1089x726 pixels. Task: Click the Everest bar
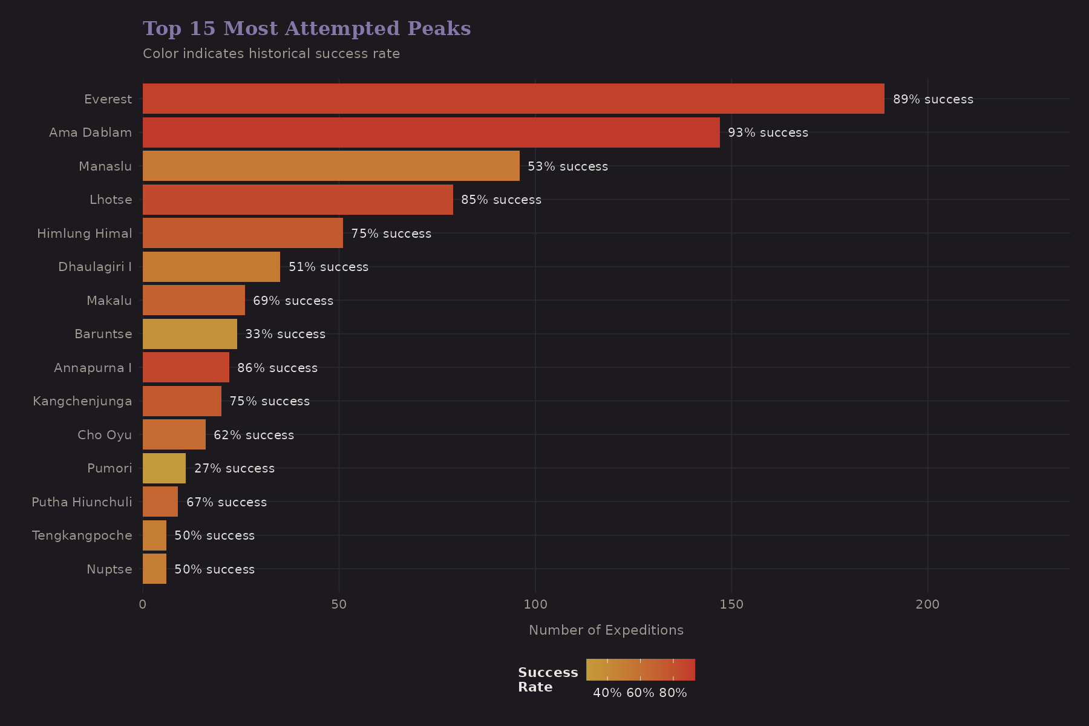click(x=513, y=99)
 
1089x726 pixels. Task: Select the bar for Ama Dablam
click(x=431, y=132)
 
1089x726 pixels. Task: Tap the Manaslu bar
click(x=331, y=166)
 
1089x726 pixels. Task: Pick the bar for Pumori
click(x=164, y=468)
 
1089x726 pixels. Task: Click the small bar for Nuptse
click(x=154, y=569)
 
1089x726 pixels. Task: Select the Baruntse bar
click(x=189, y=334)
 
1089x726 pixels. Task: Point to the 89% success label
click(x=933, y=99)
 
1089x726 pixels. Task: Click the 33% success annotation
click(x=285, y=334)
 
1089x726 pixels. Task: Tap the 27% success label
click(x=234, y=468)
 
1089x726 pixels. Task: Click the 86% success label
click(x=277, y=368)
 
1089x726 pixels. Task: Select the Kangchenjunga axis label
click(x=82, y=401)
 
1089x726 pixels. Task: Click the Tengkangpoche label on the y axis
click(x=82, y=535)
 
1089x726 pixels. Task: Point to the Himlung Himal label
click(x=84, y=234)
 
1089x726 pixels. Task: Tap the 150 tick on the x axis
click(x=731, y=604)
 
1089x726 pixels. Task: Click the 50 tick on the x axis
click(x=339, y=604)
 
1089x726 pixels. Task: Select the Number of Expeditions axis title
click(x=606, y=630)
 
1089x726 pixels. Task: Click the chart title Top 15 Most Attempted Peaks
click(x=307, y=28)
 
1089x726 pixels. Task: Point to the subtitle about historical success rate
click(x=271, y=54)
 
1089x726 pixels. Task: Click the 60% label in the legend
click(x=640, y=693)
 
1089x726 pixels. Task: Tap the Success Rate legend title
click(x=548, y=679)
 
